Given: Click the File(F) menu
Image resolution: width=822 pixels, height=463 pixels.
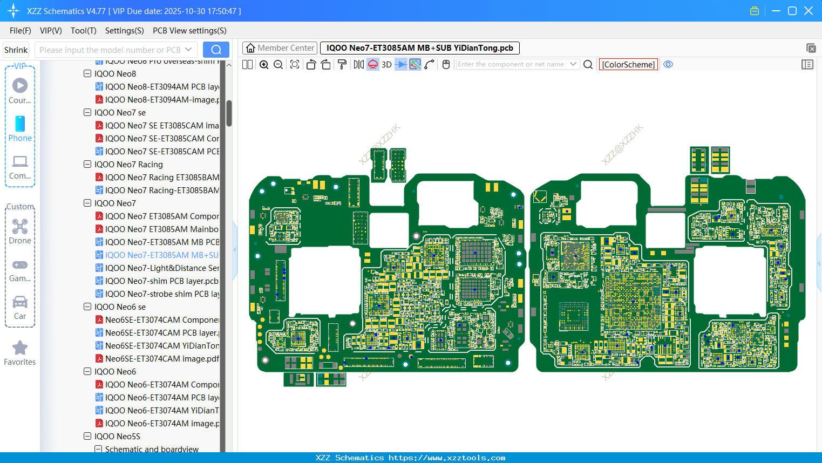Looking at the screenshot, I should [x=21, y=31].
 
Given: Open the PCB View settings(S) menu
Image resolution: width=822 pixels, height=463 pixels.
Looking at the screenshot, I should [x=189, y=31].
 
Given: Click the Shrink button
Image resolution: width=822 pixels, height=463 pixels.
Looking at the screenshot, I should [x=16, y=50].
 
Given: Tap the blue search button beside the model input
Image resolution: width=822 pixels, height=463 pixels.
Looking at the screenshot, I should [x=216, y=50].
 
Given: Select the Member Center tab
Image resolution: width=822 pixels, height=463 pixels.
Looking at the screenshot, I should [x=280, y=48].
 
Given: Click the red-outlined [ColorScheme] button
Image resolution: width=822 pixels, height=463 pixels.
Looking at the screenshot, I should [x=628, y=64].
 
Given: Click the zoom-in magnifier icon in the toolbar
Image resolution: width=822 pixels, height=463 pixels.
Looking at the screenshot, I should [x=264, y=65].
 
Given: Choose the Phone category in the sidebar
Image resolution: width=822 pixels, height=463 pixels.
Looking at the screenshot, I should [x=20, y=128].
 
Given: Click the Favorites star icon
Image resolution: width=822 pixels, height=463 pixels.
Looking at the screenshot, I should [x=20, y=348].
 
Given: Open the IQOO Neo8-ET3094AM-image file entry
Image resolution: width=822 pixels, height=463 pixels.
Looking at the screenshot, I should [x=162, y=100].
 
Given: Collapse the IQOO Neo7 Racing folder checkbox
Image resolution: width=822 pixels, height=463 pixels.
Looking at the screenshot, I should [x=87, y=165].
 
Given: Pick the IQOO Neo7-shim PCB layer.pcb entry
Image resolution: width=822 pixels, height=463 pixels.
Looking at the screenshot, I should [x=161, y=281].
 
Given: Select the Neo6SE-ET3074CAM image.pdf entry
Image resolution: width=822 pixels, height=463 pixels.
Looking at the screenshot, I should [x=162, y=359].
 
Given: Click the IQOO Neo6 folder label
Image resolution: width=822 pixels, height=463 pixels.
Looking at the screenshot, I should [x=115, y=372].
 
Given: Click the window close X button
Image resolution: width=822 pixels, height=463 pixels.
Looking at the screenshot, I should [x=809, y=11].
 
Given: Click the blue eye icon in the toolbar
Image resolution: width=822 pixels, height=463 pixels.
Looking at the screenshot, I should [x=668, y=64].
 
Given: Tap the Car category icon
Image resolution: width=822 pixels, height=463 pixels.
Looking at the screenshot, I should [x=20, y=307].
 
